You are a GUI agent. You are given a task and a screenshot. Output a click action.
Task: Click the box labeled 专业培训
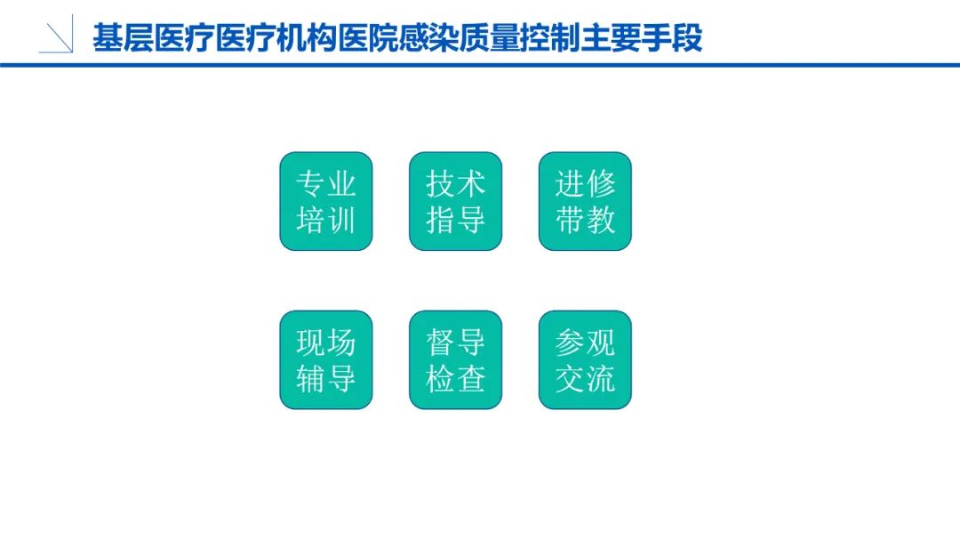click(326, 201)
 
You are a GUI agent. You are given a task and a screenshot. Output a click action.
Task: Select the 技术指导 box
click(455, 201)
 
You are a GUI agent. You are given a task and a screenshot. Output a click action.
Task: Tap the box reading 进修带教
click(585, 201)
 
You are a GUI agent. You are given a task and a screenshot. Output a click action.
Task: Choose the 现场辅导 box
click(326, 359)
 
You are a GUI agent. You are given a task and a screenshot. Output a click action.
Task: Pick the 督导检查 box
click(455, 359)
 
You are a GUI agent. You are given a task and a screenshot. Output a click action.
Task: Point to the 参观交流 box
click(585, 359)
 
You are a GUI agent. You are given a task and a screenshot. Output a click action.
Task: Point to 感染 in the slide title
click(428, 39)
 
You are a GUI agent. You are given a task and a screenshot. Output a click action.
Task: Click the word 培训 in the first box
click(326, 219)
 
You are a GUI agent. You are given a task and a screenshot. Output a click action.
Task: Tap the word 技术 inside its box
click(455, 184)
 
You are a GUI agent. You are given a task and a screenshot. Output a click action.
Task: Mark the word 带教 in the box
click(585, 219)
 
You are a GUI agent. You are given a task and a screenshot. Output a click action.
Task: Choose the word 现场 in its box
click(326, 343)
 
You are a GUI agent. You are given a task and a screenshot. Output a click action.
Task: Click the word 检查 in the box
click(455, 378)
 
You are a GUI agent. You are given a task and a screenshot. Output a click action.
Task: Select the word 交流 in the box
click(585, 378)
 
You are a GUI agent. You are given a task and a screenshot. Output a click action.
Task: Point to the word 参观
click(585, 343)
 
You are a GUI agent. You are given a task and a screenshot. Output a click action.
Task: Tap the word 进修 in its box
click(585, 184)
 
